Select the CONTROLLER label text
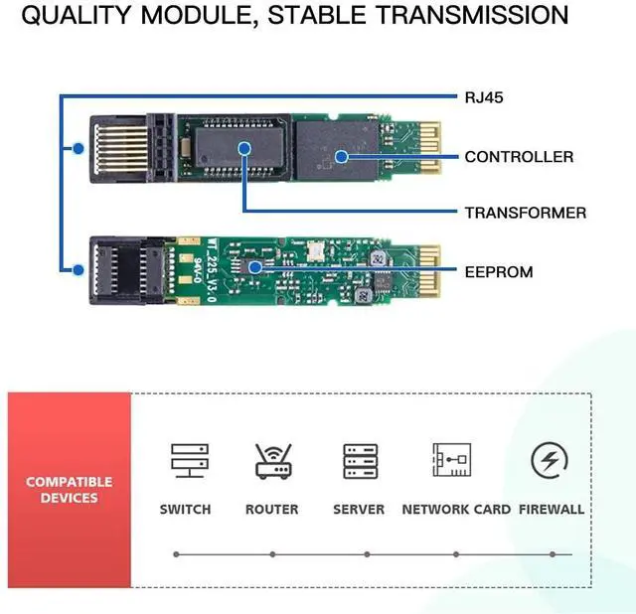click(x=519, y=156)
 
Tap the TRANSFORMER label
click(x=525, y=213)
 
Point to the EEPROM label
click(x=498, y=271)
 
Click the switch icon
click(x=185, y=461)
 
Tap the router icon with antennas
click(x=271, y=461)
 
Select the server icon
click(x=359, y=461)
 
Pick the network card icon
click(x=451, y=461)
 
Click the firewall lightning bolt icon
click(x=550, y=460)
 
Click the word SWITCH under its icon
click(x=185, y=509)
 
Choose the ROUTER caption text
click(x=271, y=509)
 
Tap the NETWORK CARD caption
click(x=456, y=509)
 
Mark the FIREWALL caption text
click(x=552, y=509)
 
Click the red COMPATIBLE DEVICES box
click(x=70, y=489)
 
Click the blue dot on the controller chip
click(x=340, y=155)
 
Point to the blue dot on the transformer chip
click(x=244, y=148)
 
